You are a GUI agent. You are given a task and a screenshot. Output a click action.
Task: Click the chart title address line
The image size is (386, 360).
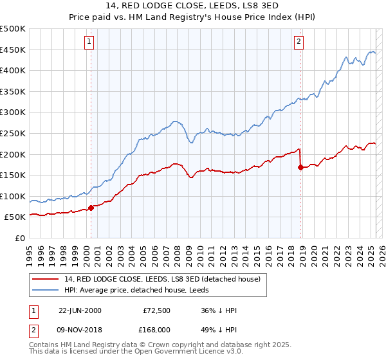tap(192, 6)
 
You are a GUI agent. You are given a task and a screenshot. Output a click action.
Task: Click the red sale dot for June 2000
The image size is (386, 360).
tap(91, 207)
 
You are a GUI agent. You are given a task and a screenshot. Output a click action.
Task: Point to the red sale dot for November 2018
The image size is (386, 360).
tap(300, 167)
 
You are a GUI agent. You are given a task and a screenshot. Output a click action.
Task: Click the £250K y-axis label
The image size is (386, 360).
tap(13, 133)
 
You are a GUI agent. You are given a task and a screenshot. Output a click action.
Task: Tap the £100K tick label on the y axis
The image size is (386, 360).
tap(13, 196)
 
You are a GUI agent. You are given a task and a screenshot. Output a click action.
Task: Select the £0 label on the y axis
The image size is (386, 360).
tap(19, 238)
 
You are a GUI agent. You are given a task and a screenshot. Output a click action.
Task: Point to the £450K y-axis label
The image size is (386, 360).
tap(13, 50)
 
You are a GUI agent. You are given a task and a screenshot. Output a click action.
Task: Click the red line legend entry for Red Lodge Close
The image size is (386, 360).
tap(161, 279)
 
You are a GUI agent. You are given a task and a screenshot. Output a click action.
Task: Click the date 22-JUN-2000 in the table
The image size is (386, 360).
tap(80, 310)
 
